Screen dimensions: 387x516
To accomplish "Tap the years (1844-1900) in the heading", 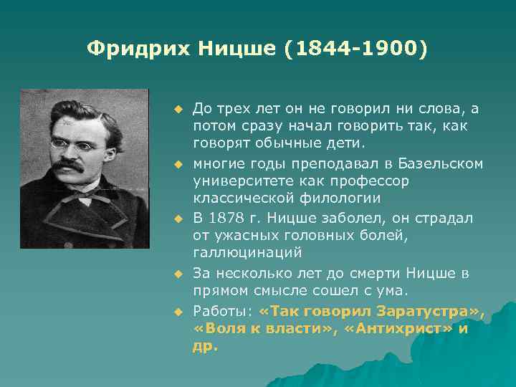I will tap(358, 49).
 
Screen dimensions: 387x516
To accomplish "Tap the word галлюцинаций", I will tap(247, 253).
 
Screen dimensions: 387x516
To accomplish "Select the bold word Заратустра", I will tap(429, 310).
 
